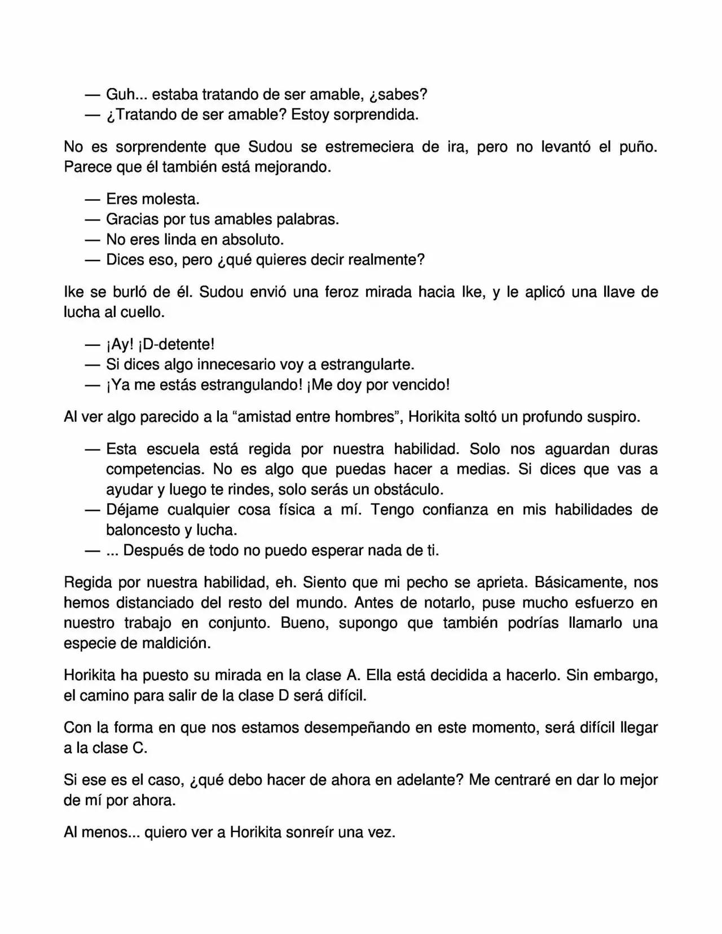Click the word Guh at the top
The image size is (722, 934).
[x=121, y=94]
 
